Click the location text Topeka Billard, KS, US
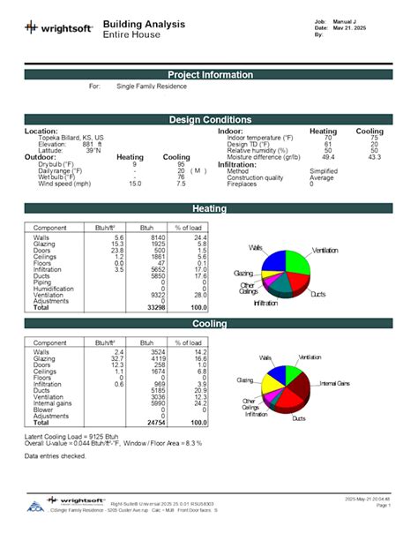click(71, 139)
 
